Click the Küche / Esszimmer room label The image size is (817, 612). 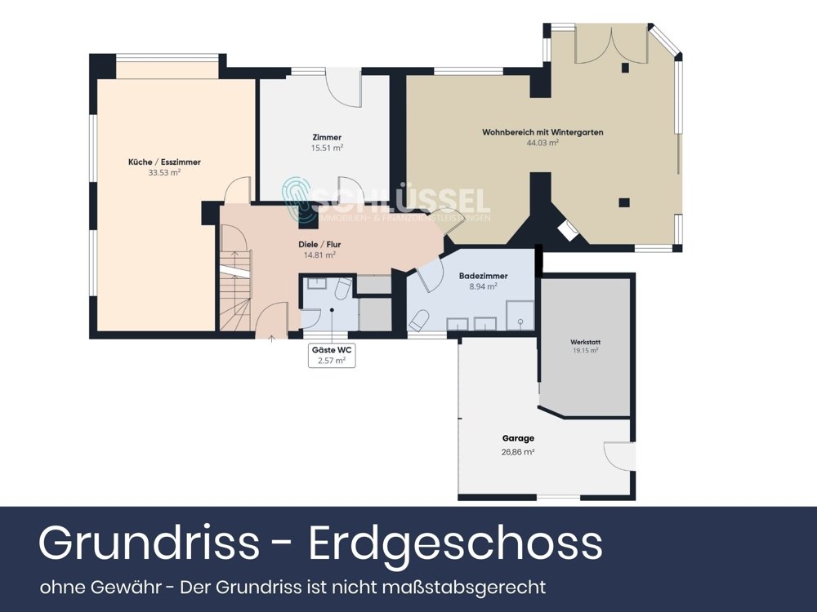[x=164, y=162]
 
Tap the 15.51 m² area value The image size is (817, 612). [x=327, y=148]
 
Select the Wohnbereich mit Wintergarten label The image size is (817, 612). [x=542, y=132]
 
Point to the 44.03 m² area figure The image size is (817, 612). [x=542, y=143]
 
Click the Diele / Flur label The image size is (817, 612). [x=319, y=244]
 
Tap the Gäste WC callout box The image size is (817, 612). [x=333, y=355]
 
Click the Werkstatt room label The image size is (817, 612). [x=585, y=341]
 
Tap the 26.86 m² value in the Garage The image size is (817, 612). [x=518, y=451]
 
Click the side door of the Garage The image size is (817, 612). [x=619, y=456]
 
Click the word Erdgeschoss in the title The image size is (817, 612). [x=455, y=543]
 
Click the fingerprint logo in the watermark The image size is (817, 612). [x=298, y=200]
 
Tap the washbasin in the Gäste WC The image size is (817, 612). [x=318, y=286]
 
